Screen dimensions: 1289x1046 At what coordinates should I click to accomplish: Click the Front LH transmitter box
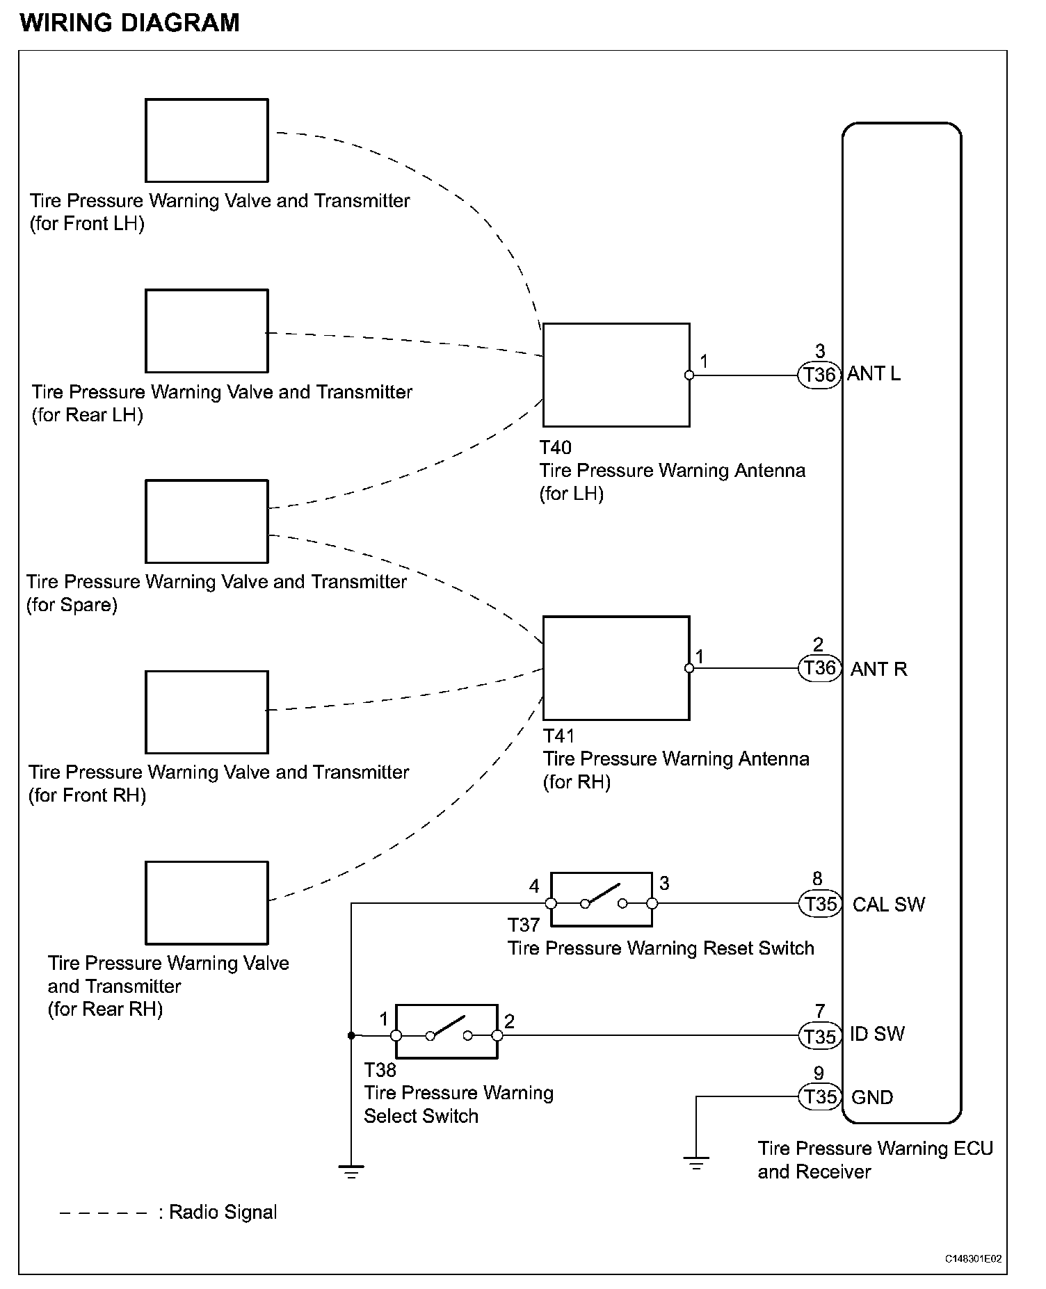pos(207,140)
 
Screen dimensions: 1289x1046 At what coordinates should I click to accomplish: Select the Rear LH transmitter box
pos(207,331)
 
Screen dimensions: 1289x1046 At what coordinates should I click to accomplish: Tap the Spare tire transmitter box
pos(207,521)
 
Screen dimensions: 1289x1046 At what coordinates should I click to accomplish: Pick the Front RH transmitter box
pos(207,712)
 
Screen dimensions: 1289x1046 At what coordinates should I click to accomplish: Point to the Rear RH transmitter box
pos(207,902)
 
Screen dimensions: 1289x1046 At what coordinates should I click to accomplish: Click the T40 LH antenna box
pos(616,375)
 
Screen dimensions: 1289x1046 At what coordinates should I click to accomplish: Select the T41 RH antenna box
pos(616,667)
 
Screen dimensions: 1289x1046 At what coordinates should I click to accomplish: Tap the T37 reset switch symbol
pos(602,900)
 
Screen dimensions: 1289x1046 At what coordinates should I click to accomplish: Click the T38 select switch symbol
pos(446,1032)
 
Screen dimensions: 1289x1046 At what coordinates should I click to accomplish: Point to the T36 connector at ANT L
pos(819,375)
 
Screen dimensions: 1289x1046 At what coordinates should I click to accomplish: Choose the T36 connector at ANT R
pos(819,669)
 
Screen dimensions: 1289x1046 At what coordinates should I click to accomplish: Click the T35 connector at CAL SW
pos(820,904)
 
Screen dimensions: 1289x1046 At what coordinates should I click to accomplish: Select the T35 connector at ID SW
pos(820,1037)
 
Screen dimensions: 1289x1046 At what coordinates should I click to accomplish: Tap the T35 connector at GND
pos(820,1097)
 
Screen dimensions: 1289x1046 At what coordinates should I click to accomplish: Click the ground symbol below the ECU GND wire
pos(696,1162)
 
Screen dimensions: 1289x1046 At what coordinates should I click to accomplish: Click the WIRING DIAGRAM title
pos(130,23)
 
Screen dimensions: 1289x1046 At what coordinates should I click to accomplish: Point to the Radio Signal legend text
pos(223,1213)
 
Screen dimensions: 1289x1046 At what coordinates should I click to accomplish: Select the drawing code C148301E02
pos(973,1259)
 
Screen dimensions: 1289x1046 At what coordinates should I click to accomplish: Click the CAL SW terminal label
pos(889,905)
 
